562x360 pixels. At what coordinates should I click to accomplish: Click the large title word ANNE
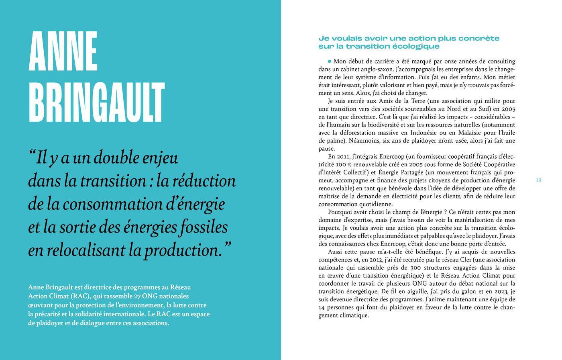[63, 51]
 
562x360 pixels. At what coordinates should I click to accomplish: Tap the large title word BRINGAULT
[96, 102]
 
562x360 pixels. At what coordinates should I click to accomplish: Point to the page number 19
[538, 180]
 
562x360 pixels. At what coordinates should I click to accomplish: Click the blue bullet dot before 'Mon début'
[330, 61]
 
